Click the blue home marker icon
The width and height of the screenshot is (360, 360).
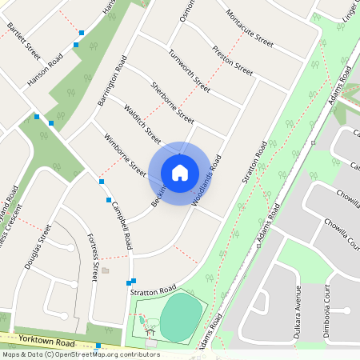pyautogui.click(x=180, y=172)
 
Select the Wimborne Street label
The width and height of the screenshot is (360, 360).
pyautogui.click(x=126, y=155)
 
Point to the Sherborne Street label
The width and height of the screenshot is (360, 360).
pyautogui.click(x=172, y=102)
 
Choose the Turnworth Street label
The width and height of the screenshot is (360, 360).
pyautogui.click(x=189, y=71)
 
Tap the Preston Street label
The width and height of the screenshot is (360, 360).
pyautogui.click(x=232, y=61)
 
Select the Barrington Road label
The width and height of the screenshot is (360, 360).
pyautogui.click(x=113, y=80)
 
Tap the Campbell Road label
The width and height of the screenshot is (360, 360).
pyautogui.click(x=122, y=221)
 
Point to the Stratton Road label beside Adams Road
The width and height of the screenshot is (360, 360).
pyautogui.click(x=253, y=170)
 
